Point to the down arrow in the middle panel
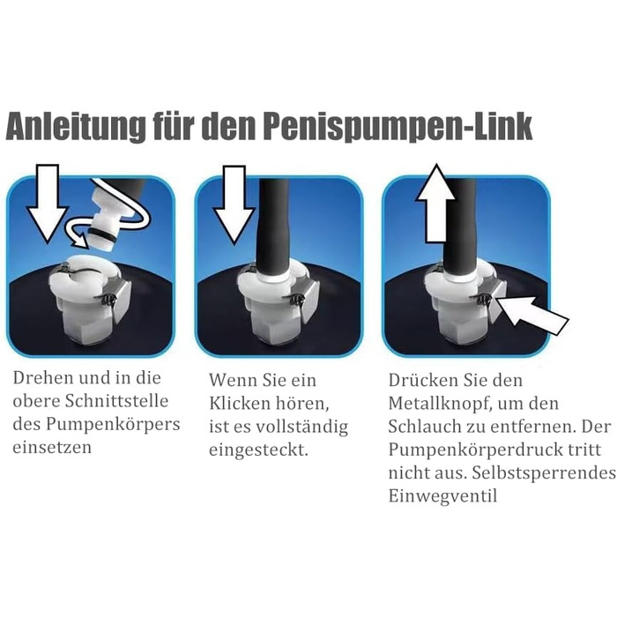(x=234, y=204)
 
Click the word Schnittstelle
(x=116, y=401)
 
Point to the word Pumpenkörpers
(x=113, y=425)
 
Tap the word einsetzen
(x=52, y=448)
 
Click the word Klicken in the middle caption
(x=239, y=404)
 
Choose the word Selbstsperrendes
(x=544, y=473)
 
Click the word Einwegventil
(x=442, y=495)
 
